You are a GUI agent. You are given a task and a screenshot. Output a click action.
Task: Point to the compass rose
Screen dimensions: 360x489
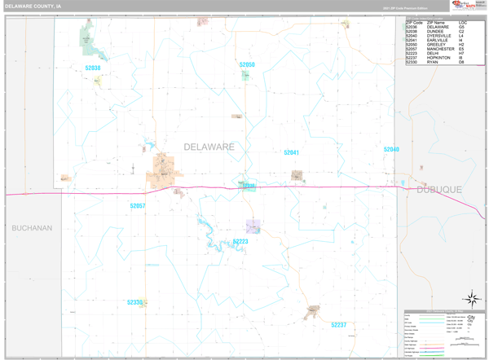[x=471, y=299]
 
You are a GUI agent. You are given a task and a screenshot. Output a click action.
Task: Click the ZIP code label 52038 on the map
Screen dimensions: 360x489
[x=93, y=68]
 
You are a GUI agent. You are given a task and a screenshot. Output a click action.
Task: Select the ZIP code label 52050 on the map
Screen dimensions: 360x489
[x=247, y=64]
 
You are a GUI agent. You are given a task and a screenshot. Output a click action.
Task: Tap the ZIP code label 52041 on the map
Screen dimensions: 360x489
[x=291, y=153]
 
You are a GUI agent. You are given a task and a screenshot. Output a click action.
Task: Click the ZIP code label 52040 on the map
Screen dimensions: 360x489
[x=391, y=150]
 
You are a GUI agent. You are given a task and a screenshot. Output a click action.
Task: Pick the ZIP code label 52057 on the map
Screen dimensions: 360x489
[x=137, y=206]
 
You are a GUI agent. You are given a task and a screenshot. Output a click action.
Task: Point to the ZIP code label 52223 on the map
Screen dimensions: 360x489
[x=240, y=242]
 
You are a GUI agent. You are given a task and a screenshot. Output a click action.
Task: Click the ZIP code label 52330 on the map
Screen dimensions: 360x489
[x=134, y=302]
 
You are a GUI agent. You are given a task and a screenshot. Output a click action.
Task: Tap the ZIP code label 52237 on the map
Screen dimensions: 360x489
[x=339, y=325]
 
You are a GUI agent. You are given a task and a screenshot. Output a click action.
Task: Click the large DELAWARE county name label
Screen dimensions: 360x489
[x=209, y=147]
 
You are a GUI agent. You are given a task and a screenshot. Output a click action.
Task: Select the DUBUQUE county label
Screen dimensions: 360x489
[x=439, y=189]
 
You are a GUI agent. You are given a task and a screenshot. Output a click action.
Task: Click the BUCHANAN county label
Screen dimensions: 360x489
[x=32, y=228]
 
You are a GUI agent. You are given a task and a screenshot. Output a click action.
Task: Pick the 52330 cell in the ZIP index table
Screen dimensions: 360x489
[x=412, y=63]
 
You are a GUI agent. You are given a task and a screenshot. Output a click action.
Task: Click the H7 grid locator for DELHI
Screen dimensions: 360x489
[x=461, y=54]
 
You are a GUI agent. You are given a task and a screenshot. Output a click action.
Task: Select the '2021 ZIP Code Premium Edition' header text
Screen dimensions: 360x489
[x=401, y=7]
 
